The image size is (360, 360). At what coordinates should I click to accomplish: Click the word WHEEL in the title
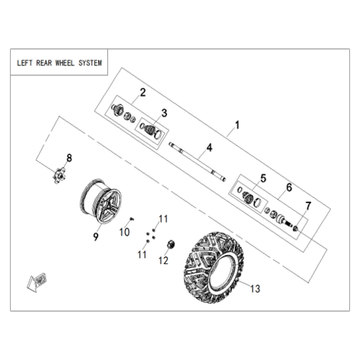(65, 63)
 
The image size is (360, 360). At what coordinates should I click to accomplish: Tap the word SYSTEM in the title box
(90, 63)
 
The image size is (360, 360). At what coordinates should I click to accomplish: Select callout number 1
(237, 125)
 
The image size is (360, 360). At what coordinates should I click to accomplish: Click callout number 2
(142, 92)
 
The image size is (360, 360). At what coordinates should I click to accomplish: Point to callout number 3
(164, 113)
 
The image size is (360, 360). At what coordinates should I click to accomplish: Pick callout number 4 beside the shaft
(209, 148)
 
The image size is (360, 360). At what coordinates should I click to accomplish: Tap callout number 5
(263, 178)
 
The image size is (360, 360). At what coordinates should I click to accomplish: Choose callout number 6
(289, 187)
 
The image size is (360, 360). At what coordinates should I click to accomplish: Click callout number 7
(308, 206)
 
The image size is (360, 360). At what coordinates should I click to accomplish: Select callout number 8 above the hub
(69, 158)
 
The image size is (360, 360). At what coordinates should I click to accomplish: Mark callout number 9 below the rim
(96, 236)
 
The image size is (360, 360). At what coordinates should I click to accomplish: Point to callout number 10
(124, 232)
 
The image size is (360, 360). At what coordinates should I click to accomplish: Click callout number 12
(163, 260)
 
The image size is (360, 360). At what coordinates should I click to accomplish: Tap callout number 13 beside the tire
(255, 288)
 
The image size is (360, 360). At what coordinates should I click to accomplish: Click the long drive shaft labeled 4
(197, 162)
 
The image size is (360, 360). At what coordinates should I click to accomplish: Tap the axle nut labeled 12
(171, 244)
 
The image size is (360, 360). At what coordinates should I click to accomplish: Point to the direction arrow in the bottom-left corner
(37, 282)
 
